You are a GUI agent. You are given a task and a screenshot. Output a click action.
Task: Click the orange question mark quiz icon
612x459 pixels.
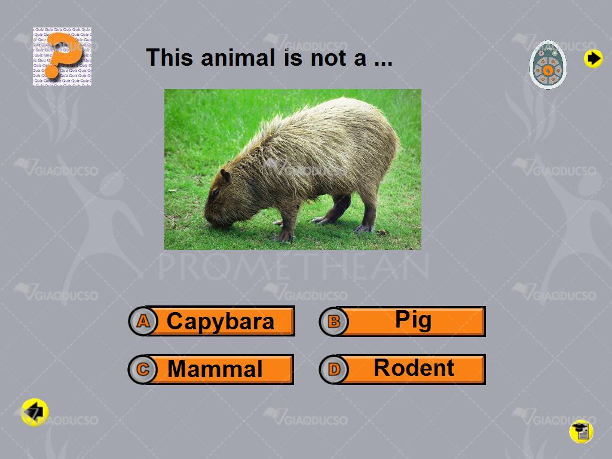(x=62, y=56)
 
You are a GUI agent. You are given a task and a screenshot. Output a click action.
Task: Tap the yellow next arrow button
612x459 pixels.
(x=593, y=59)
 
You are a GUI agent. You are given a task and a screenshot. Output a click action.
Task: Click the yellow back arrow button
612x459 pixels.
(x=35, y=412)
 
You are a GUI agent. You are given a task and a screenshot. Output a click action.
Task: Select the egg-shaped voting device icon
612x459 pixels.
(x=548, y=65)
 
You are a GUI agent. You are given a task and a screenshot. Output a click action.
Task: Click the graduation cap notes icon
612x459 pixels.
(x=581, y=432)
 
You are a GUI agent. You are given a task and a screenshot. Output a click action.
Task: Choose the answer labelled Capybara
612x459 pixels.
(x=212, y=321)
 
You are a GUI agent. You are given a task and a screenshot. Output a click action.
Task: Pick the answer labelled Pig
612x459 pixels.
(x=402, y=321)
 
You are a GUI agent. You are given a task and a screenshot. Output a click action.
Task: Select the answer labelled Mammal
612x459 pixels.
(x=211, y=369)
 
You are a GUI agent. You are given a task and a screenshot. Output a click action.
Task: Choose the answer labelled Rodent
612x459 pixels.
(x=402, y=369)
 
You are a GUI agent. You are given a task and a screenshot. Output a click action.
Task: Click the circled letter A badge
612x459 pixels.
(x=143, y=322)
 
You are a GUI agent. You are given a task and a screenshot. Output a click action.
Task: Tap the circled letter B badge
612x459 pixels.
(x=333, y=322)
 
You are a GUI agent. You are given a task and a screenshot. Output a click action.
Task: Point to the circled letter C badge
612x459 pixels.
(x=143, y=369)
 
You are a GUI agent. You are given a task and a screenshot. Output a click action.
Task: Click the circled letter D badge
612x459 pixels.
(x=333, y=369)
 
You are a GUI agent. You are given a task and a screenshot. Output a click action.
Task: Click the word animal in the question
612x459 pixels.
(x=238, y=58)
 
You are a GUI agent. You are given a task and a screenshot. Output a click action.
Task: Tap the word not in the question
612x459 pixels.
(x=328, y=59)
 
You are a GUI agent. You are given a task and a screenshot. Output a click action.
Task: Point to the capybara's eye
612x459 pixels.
(x=215, y=192)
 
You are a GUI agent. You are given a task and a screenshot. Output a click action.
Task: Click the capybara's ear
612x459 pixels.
(x=225, y=176)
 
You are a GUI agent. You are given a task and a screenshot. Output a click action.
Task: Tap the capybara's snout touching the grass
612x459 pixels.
(x=214, y=222)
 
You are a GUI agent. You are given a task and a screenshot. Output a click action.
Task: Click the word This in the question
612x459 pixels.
(x=170, y=58)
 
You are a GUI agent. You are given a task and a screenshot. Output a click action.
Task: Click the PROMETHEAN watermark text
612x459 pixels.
(x=293, y=266)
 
